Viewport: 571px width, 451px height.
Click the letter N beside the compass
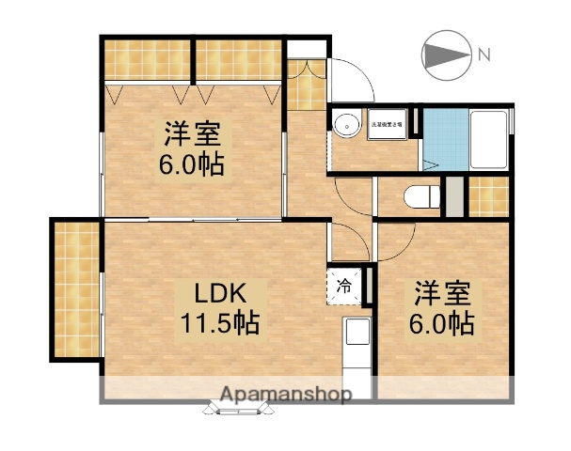[x=484, y=55]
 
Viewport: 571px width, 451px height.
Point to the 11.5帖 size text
[x=220, y=324]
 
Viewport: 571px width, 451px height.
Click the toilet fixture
[x=421, y=195]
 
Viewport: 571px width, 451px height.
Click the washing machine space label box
[x=386, y=124]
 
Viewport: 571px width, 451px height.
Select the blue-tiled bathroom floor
[x=437, y=138]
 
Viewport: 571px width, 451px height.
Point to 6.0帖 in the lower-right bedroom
[x=441, y=325]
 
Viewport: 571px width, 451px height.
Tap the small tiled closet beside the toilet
[x=488, y=195]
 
